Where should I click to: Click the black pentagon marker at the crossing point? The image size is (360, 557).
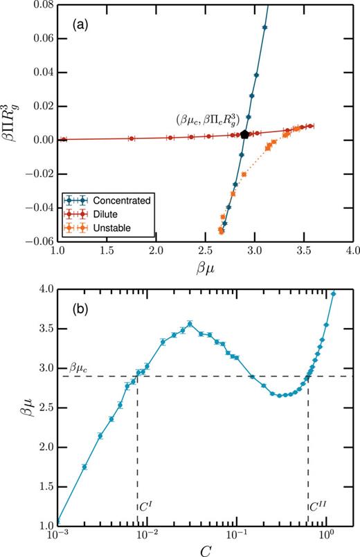[245, 134]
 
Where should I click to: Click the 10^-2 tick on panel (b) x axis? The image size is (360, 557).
[147, 536]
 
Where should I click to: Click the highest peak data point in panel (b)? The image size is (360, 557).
[189, 323]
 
